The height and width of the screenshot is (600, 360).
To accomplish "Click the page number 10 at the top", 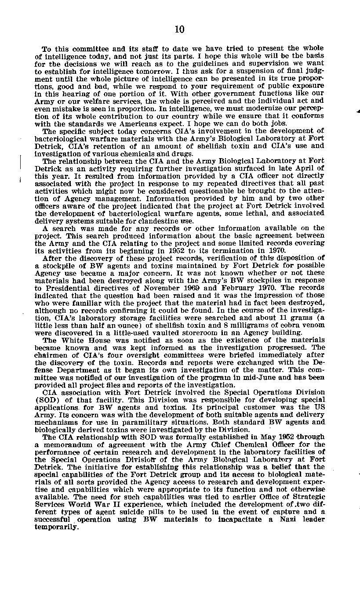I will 179,29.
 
